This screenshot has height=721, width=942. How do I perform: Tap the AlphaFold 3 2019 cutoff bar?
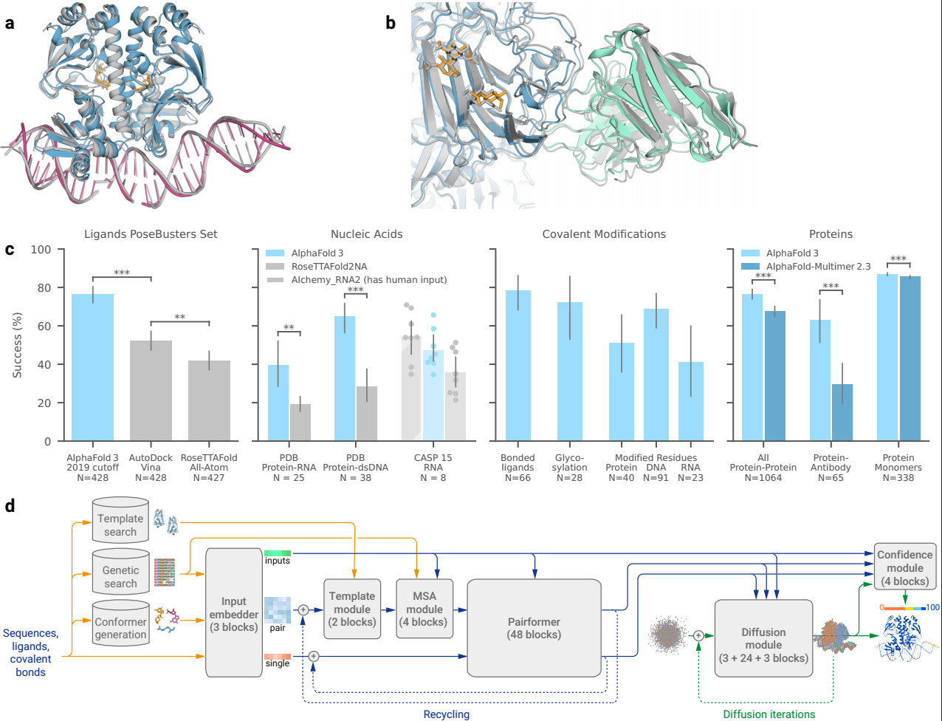click(x=92, y=367)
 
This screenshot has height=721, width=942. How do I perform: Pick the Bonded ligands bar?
click(x=517, y=366)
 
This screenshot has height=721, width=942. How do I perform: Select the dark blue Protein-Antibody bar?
click(x=842, y=413)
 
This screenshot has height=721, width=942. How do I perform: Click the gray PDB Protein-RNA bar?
click(x=300, y=423)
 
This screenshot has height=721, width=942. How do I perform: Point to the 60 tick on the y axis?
click(x=46, y=326)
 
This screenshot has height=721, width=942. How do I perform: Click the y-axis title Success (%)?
click(x=17, y=346)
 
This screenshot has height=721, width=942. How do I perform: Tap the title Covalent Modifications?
click(x=604, y=234)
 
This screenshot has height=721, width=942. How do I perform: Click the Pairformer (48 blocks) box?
click(x=534, y=627)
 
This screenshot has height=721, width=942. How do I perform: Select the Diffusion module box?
click(x=763, y=638)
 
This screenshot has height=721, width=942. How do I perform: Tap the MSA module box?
click(x=424, y=609)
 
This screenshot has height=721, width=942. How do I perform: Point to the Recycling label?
click(x=446, y=714)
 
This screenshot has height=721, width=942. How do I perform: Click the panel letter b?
click(x=391, y=23)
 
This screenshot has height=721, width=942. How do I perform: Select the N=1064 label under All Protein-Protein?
click(x=763, y=478)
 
